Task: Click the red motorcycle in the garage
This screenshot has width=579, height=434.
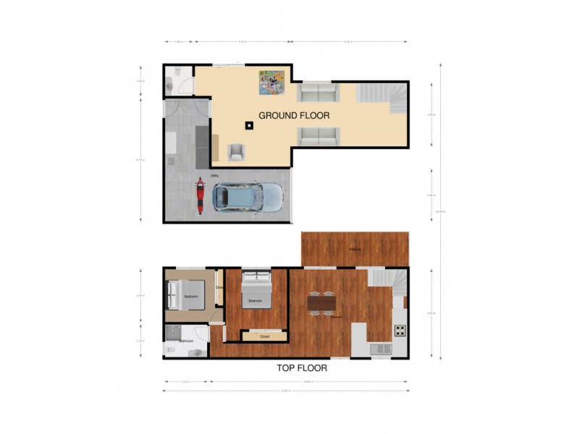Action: coord(200,197)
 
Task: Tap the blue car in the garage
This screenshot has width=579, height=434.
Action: coord(247,197)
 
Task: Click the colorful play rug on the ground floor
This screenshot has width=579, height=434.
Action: coord(271,82)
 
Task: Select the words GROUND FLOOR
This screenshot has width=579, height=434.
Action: coord(294,115)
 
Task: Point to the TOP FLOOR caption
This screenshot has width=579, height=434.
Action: coord(302,368)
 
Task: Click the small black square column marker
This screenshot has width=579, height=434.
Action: coord(248,126)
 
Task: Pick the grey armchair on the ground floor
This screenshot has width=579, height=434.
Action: coord(236,151)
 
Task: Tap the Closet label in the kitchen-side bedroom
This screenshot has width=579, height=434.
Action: coord(264,336)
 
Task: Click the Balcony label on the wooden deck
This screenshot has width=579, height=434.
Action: coord(355,250)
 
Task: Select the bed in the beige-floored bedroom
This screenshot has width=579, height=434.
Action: coord(181,295)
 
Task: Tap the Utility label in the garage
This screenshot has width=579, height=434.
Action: coord(215,176)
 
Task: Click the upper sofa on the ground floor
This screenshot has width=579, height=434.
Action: coord(318,93)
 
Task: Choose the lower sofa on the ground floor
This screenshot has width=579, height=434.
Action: coord(318,135)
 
